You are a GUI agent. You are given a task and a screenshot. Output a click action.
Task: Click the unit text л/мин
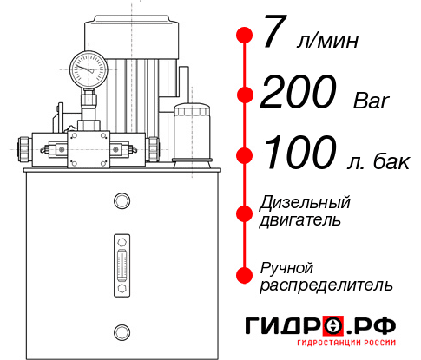(x=327, y=41)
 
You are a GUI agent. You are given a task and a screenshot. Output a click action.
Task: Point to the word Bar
(x=372, y=101)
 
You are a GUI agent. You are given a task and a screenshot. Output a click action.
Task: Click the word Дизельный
(x=305, y=203)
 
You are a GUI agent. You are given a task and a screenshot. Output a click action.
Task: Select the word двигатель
(x=300, y=220)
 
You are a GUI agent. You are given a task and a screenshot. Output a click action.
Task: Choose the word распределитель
(x=326, y=285)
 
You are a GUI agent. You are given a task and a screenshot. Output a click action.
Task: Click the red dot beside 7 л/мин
(x=245, y=36)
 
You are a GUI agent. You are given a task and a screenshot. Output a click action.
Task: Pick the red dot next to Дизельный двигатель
(x=245, y=212)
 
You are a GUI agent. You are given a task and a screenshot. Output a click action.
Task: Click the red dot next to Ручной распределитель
(x=245, y=275)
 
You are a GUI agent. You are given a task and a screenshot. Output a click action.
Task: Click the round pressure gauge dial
(x=89, y=67)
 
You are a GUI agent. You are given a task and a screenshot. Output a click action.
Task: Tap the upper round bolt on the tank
(x=122, y=201)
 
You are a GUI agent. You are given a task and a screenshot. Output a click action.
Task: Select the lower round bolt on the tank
(x=122, y=330)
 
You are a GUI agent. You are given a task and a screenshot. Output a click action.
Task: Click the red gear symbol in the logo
(x=332, y=326)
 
